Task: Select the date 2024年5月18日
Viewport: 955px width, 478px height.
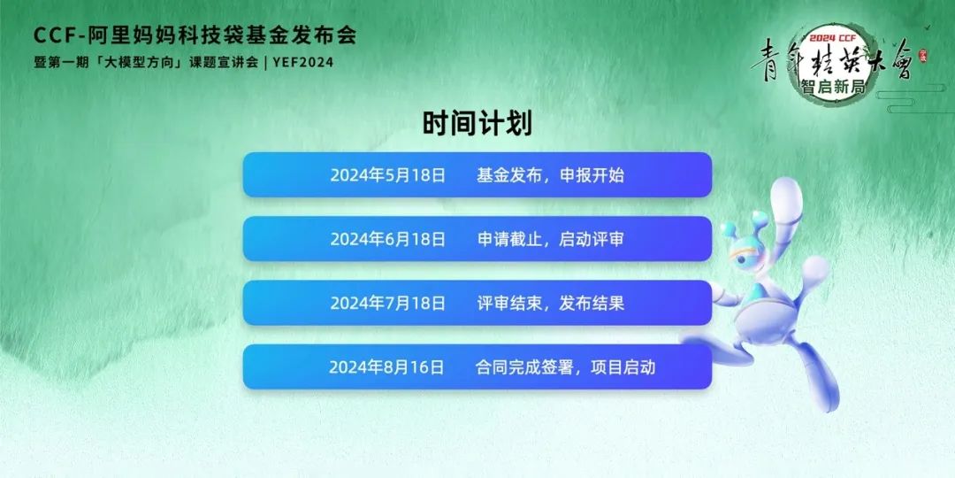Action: pos(388,175)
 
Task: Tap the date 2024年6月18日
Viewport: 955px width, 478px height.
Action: pos(388,240)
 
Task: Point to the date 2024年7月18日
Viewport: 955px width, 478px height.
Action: pos(388,303)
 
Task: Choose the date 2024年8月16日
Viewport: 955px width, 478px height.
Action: pos(386,367)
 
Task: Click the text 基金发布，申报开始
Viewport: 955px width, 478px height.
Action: pos(551,175)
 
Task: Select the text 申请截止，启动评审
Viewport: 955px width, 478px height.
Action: pos(551,240)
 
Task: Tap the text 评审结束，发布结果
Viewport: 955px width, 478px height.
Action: pos(551,303)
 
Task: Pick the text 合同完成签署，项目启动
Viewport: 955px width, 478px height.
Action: pos(565,367)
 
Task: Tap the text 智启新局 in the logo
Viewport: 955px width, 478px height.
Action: pos(834,88)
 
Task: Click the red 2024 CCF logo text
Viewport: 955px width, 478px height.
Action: pos(832,38)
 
